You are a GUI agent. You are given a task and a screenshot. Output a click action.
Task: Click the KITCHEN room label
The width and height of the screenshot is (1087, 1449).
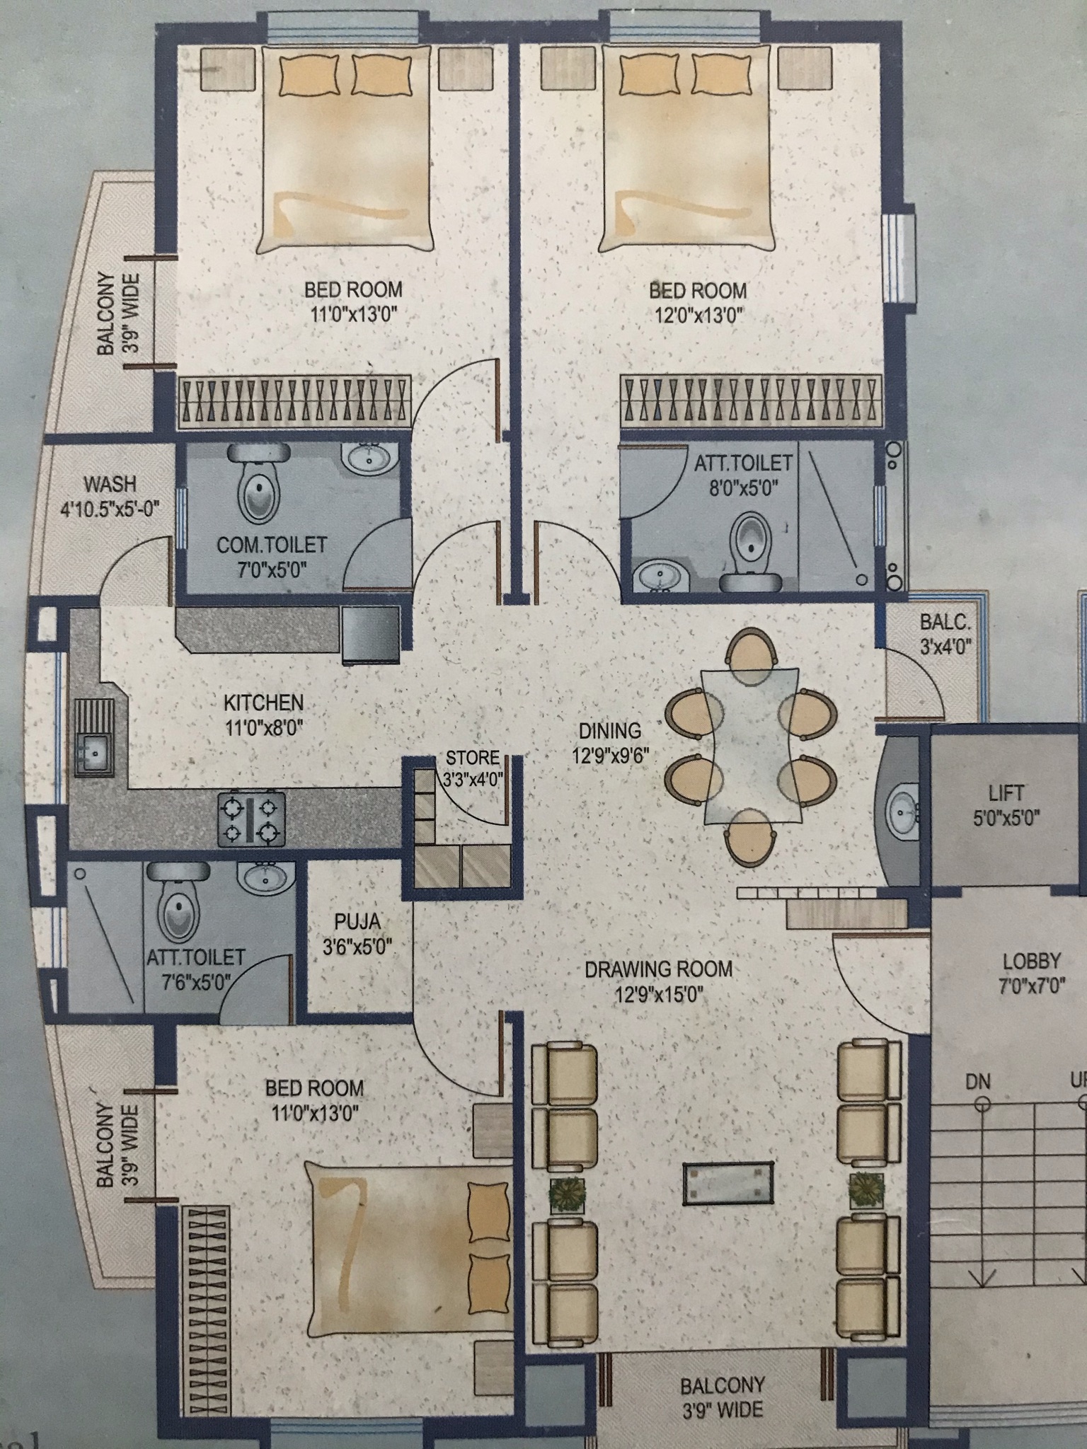point(263,703)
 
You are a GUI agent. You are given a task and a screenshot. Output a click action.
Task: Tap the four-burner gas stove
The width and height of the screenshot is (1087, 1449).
point(251,819)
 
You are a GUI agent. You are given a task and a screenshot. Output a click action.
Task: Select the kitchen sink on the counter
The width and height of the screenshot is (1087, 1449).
point(94,736)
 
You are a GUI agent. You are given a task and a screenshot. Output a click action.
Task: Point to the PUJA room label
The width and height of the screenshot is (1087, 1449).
point(357,922)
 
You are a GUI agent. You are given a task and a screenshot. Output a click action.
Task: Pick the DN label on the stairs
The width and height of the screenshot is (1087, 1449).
point(978,1081)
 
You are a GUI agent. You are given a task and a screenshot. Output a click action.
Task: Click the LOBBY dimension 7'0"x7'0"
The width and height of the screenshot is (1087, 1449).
point(1031,987)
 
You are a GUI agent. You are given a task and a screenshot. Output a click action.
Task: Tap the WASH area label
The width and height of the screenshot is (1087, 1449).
point(110,485)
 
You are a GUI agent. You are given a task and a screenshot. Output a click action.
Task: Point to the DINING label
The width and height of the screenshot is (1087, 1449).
point(610,730)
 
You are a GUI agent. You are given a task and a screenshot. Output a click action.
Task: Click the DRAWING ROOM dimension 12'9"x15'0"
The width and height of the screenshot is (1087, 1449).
point(658,995)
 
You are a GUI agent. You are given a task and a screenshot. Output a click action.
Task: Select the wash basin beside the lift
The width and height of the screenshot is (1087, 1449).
point(902,812)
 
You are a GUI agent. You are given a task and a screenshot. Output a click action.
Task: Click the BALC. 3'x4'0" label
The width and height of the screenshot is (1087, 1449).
point(945,634)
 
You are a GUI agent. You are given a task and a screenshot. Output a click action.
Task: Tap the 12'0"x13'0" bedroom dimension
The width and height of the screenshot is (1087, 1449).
point(698,314)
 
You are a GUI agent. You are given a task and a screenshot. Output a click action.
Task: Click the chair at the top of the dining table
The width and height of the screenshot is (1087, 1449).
point(752,657)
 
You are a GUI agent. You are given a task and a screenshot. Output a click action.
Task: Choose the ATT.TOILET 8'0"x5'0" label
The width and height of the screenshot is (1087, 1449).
point(742,475)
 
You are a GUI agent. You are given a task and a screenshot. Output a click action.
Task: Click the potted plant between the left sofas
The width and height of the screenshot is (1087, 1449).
point(568,1196)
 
